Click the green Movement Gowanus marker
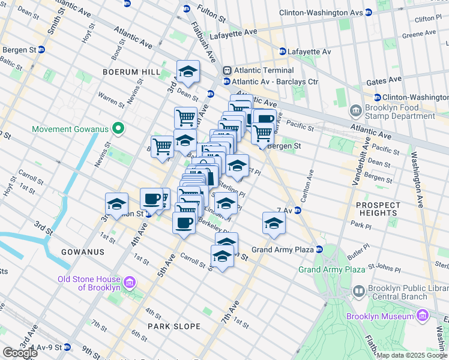point(118,128)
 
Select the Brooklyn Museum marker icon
point(423,315)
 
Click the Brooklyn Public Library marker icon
point(358,292)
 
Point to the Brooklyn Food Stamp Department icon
point(355,111)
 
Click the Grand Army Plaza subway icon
point(319,249)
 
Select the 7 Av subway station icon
point(297,210)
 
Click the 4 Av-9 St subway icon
point(68,347)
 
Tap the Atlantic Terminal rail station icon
point(227,71)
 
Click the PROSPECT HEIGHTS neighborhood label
point(378,209)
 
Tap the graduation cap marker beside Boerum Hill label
point(188,72)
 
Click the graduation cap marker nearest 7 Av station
point(274,224)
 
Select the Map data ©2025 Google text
point(412,355)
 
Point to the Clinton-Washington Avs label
point(328,12)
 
